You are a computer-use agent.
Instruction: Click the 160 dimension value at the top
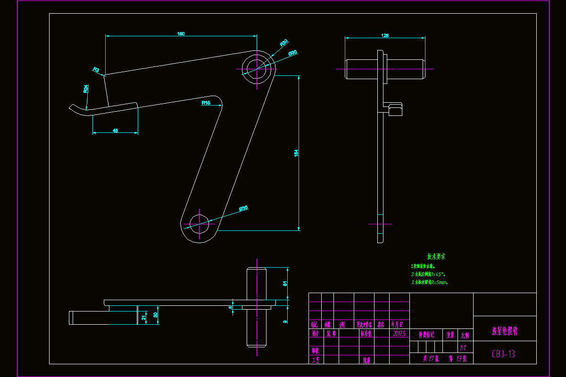coord(181,33)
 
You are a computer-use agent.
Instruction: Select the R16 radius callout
coord(206,103)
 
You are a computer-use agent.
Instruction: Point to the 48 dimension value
coord(116,131)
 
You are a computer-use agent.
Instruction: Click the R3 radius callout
coord(96,70)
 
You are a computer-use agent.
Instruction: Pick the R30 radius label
coord(283,43)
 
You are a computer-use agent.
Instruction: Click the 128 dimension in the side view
coord(385,35)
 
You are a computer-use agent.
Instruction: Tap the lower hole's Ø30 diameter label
coord(243,208)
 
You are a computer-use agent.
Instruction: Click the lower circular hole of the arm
coord(199,222)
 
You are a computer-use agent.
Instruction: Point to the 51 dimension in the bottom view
coord(284,283)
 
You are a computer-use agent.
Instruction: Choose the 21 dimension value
coord(144,317)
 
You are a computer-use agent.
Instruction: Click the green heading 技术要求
coord(436,257)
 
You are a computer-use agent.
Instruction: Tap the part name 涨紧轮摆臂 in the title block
coord(504,332)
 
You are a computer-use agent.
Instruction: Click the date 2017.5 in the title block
coord(399,334)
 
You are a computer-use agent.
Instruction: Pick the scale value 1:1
coord(464,347)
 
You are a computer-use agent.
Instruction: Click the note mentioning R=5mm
coord(429,282)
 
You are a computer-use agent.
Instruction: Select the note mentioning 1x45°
coord(428,274)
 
